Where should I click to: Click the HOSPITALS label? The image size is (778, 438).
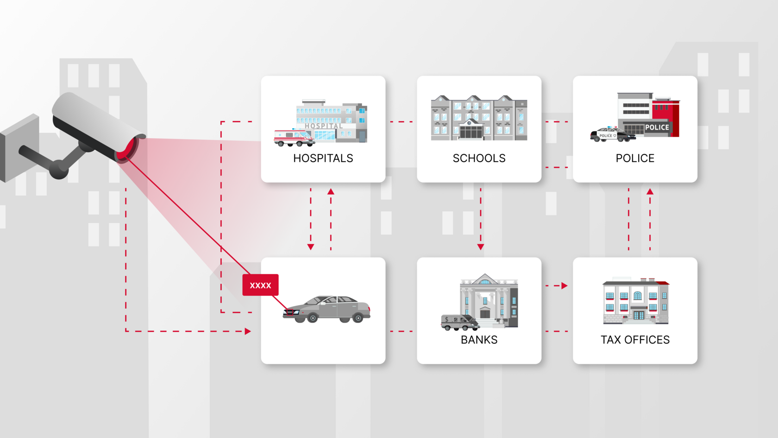click(323, 159)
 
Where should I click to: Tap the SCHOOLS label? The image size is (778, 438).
click(479, 159)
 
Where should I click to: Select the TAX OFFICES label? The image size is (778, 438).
click(635, 340)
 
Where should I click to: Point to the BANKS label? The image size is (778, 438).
click(479, 340)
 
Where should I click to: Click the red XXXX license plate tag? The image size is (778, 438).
click(260, 285)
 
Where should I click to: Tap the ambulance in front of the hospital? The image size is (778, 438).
click(294, 138)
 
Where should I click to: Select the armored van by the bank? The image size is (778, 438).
click(459, 322)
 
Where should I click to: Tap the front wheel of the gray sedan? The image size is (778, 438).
click(313, 318)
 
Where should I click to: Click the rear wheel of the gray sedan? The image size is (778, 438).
click(358, 318)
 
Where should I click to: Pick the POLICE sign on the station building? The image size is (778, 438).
click(657, 127)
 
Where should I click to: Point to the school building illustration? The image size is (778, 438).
click(479, 118)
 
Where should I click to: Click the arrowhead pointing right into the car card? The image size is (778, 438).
click(248, 331)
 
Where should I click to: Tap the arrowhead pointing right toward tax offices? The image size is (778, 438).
click(564, 286)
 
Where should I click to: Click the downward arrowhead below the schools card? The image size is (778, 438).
click(481, 247)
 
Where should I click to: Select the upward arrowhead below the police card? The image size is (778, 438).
click(650, 191)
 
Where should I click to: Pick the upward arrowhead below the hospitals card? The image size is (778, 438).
click(331, 191)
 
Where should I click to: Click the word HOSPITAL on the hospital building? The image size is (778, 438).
click(324, 126)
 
